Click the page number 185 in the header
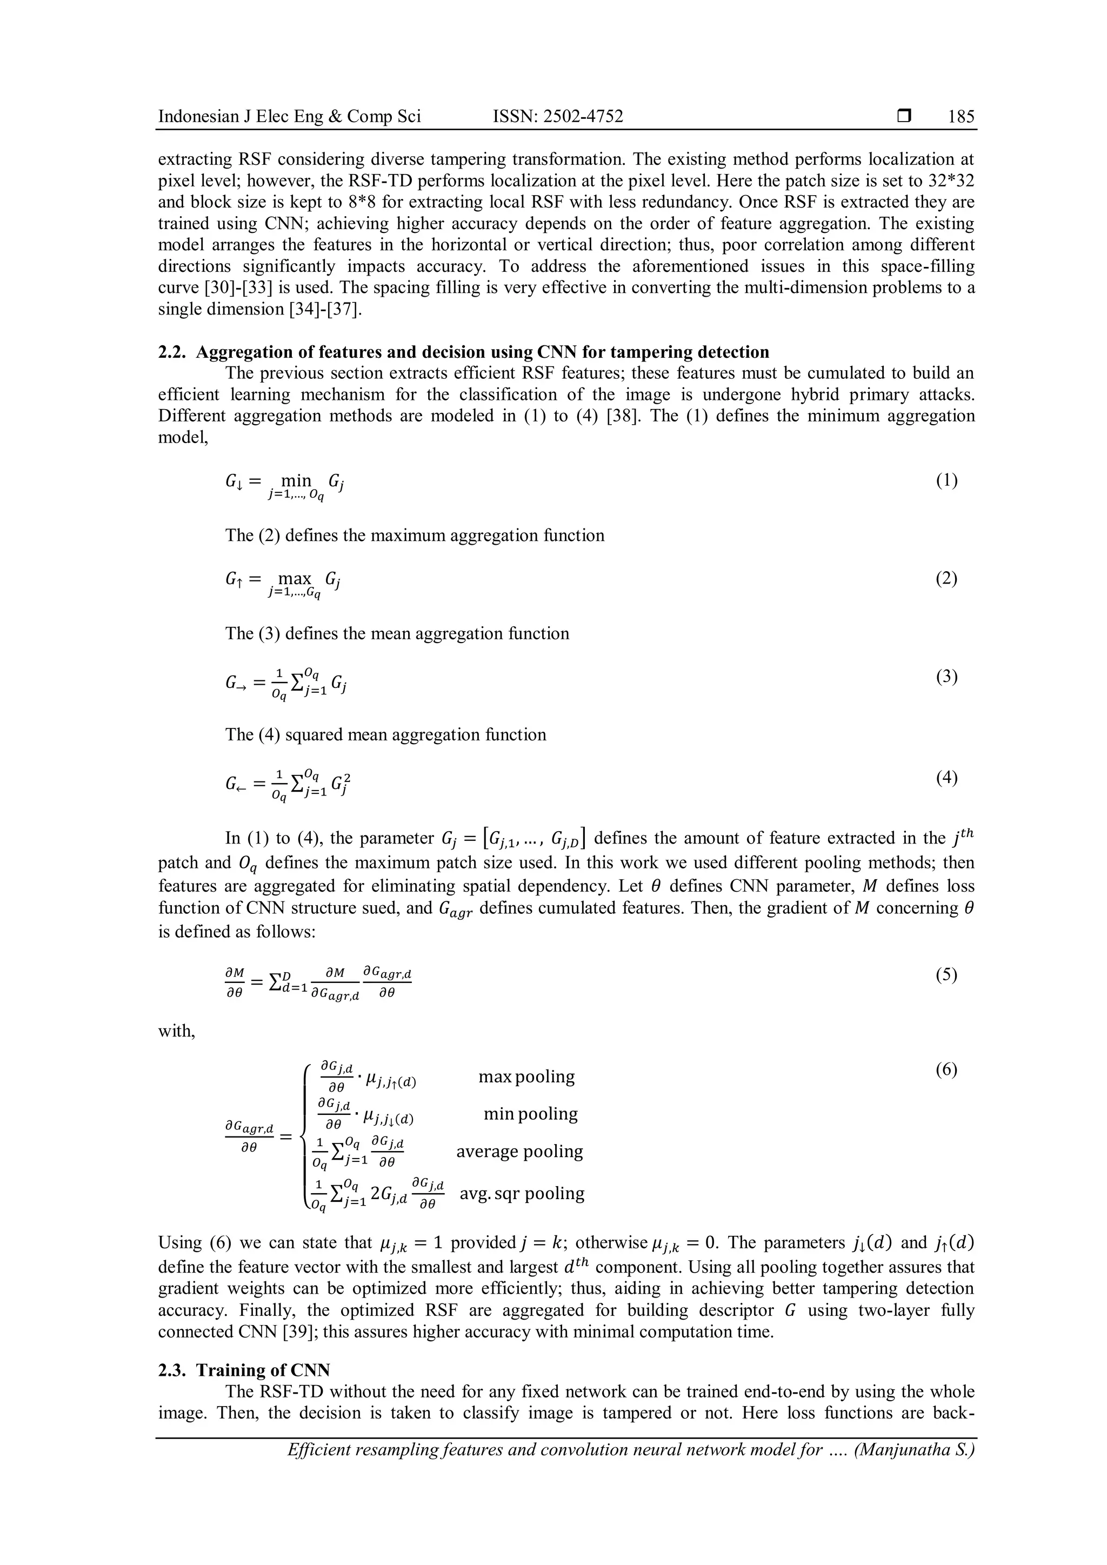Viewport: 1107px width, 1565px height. pyautogui.click(x=961, y=117)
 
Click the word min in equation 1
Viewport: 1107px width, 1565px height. pyautogui.click(x=297, y=480)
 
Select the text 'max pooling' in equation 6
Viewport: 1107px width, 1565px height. pyautogui.click(x=526, y=1077)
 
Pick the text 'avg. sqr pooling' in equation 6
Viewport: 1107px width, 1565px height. pyautogui.click(x=522, y=1194)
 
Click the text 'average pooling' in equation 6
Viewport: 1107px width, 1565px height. pyautogui.click(x=519, y=1152)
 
